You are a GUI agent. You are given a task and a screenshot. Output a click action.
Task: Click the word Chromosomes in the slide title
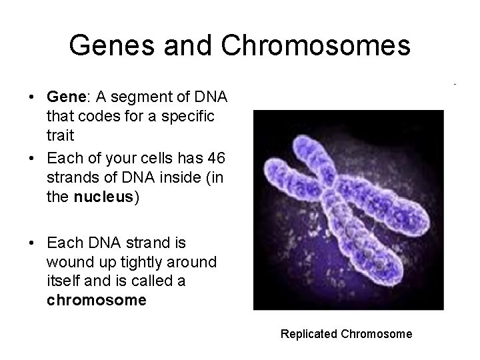315,45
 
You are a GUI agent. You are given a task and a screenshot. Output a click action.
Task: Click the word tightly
138,263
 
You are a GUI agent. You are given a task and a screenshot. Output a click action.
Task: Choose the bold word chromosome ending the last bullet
96,300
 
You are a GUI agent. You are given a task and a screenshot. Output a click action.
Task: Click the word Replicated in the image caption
309,333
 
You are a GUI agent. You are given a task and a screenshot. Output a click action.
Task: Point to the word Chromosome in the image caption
377,333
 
